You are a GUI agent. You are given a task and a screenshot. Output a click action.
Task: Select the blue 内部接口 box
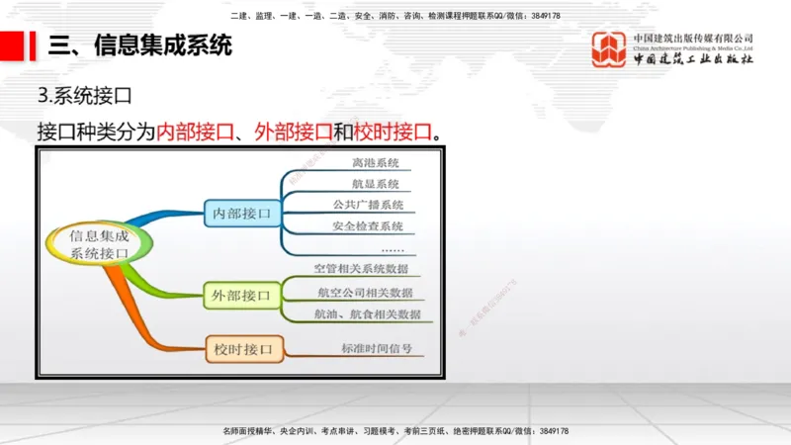click(241, 213)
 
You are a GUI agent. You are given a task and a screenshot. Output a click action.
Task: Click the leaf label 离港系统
click(376, 163)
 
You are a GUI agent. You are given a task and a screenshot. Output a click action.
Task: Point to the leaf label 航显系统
click(376, 184)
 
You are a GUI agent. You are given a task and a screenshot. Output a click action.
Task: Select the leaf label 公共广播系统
click(368, 206)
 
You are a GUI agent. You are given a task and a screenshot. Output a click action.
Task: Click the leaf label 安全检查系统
click(368, 226)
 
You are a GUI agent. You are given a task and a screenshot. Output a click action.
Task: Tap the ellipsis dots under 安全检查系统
click(392, 248)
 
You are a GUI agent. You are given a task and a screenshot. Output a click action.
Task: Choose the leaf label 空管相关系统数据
click(360, 269)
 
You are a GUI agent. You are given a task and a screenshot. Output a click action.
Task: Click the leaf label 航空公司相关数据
click(365, 293)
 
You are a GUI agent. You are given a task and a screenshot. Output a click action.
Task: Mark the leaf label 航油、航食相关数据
click(367, 314)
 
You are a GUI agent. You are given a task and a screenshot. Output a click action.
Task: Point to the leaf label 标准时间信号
click(376, 349)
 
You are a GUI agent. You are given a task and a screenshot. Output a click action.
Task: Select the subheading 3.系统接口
click(84, 97)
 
